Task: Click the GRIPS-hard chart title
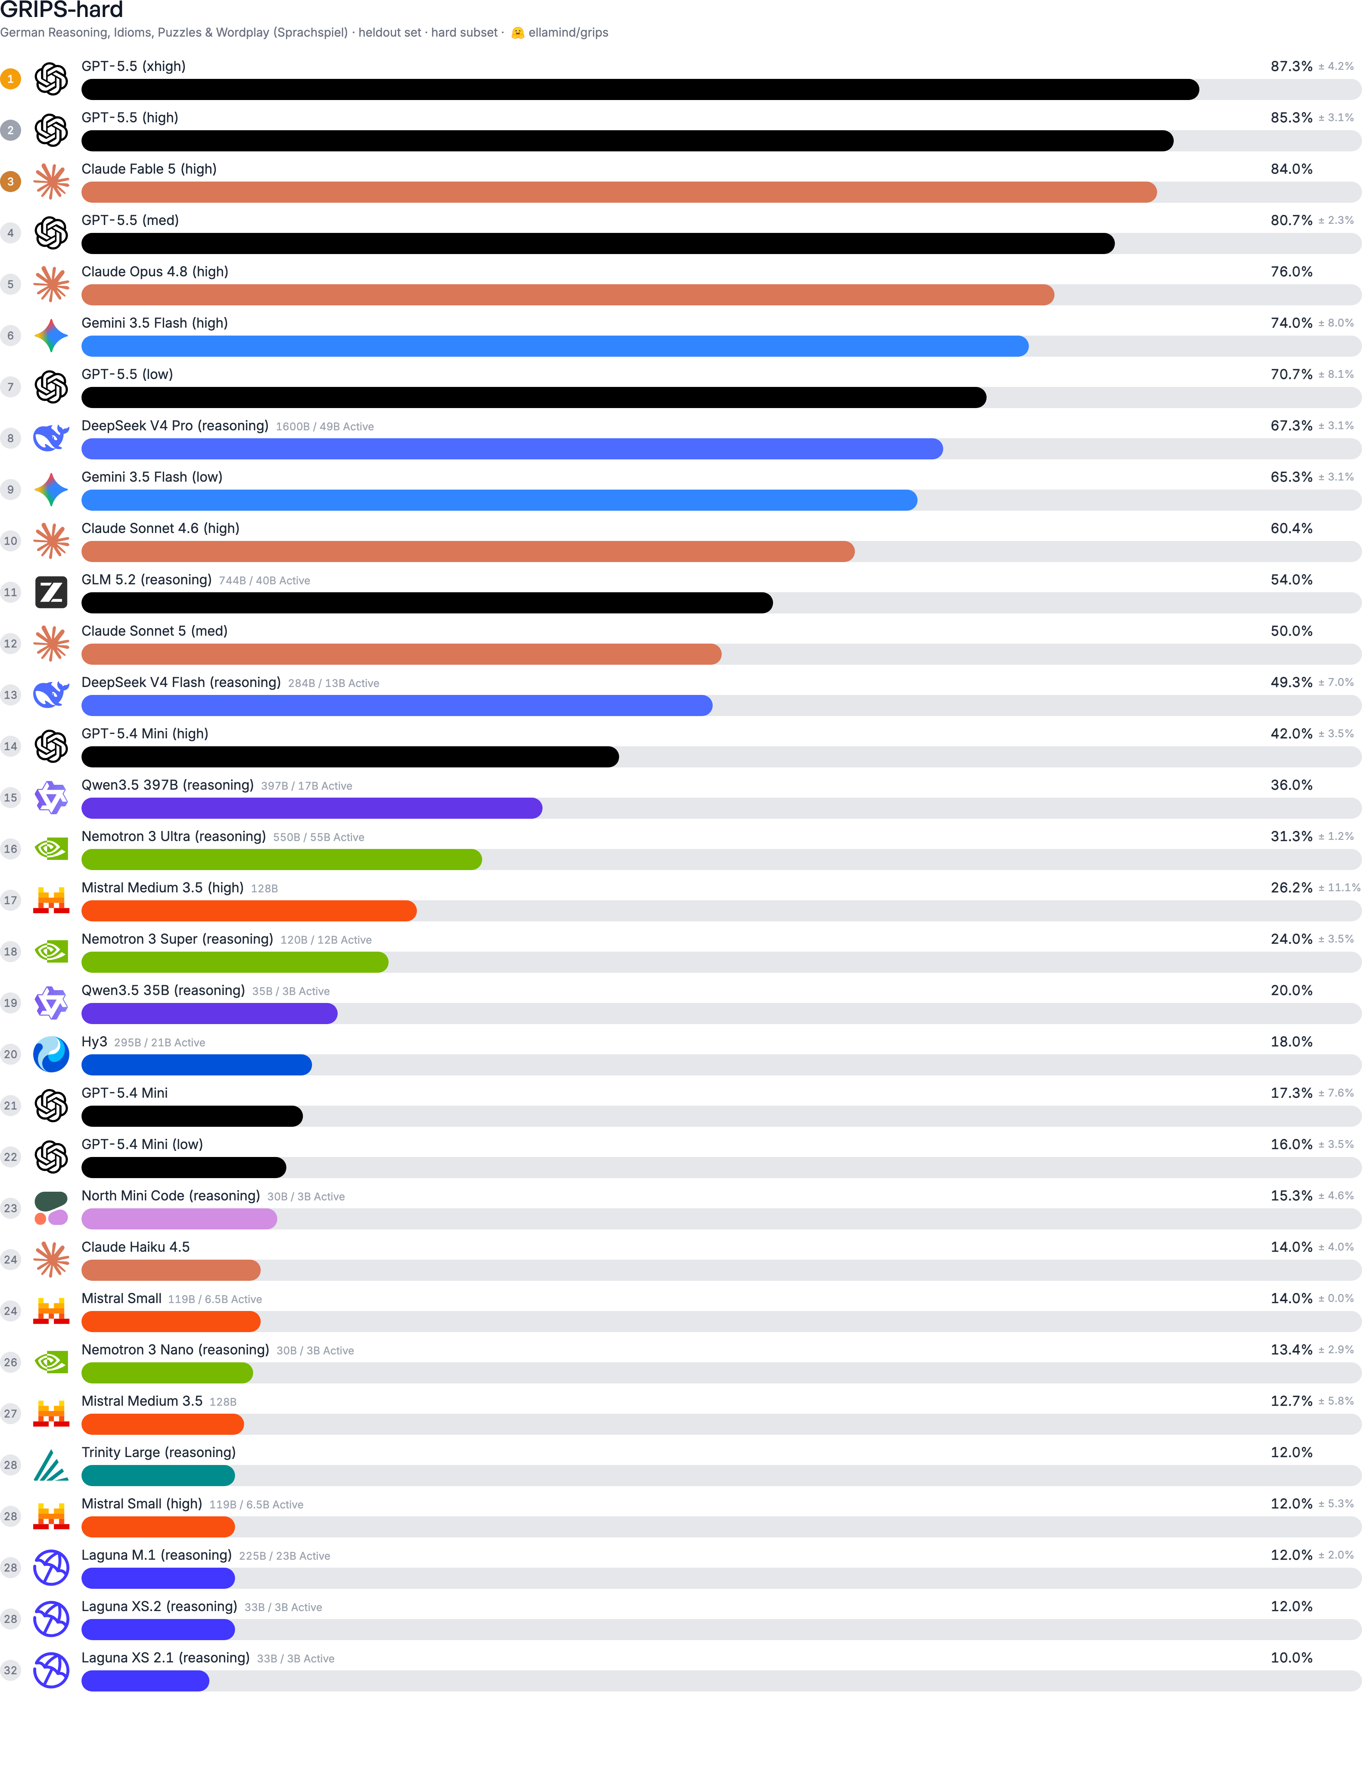61,10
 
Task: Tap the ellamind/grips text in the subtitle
568,32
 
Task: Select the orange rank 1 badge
11,79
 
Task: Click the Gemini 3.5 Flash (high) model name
155,322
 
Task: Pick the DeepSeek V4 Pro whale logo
51,437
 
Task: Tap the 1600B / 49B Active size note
325,426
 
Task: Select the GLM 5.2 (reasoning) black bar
427,603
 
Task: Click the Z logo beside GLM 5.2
51,592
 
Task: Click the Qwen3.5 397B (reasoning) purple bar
312,808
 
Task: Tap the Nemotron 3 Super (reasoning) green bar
235,962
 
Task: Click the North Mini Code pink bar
179,1219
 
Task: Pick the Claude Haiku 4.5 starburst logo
51,1259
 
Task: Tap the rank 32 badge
11,1670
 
